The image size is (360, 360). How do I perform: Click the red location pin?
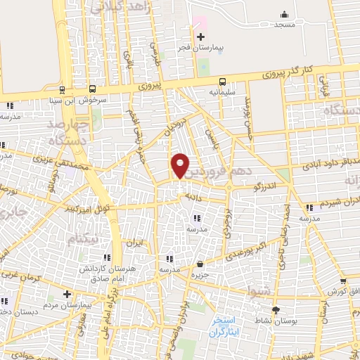click(181, 165)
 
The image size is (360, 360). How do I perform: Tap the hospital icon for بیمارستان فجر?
click(200, 37)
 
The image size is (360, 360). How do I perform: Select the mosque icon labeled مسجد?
click(284, 14)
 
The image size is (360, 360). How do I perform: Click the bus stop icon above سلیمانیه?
click(222, 81)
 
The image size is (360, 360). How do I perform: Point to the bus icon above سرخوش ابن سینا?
click(63, 89)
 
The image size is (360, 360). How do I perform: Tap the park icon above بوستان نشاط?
click(276, 309)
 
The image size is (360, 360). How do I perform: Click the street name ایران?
click(134, 243)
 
